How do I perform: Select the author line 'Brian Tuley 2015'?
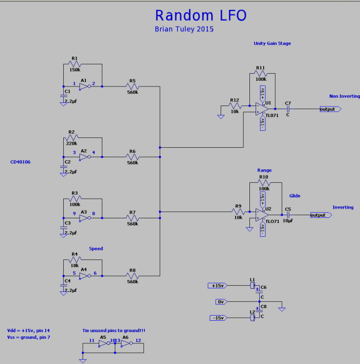click(x=184, y=29)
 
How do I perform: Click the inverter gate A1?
click(x=85, y=86)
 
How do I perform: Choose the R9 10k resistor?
click(x=238, y=212)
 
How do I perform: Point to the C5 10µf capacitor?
click(x=288, y=215)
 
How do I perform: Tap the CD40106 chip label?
click(x=21, y=162)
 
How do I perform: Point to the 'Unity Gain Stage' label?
click(x=272, y=44)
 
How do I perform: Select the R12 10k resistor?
click(x=235, y=106)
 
